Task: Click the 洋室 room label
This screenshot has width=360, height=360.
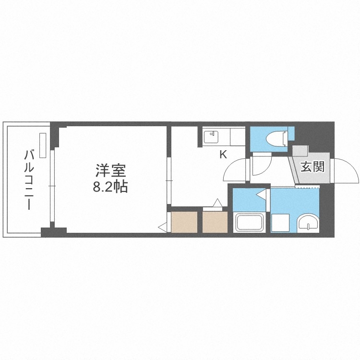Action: [110, 170]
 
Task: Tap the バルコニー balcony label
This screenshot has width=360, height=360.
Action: [29, 180]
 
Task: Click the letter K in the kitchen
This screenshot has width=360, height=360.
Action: [223, 155]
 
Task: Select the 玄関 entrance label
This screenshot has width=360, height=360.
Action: [312, 167]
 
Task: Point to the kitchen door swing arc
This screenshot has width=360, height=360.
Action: [235, 170]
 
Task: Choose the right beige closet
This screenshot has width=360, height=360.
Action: [214, 221]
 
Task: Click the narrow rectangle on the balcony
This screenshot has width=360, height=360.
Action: [44, 144]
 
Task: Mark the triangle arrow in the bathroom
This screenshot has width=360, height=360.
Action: [261, 195]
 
